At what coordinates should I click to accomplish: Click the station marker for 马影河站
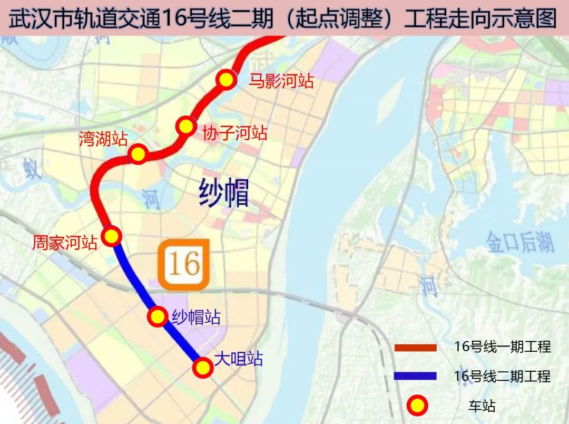pos(226,80)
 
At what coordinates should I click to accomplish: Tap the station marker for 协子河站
pos(185,127)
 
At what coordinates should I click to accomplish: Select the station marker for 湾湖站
pos(138,154)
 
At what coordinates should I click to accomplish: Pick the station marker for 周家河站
pos(112,236)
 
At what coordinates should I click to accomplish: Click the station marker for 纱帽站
pos(157,316)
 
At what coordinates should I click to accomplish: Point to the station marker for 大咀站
pos(202,368)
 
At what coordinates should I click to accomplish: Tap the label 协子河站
pos(235,133)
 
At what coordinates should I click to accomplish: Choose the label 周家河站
pos(65,243)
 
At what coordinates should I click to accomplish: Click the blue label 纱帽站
pos(196,317)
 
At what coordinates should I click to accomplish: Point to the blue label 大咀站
pos(239,360)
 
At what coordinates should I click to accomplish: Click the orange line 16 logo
pos(185,264)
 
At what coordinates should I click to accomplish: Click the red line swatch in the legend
pos(416,348)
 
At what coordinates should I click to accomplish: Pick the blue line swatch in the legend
pos(416,376)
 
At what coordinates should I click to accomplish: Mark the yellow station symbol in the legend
pos(416,406)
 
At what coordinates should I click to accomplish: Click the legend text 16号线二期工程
pos(502,376)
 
